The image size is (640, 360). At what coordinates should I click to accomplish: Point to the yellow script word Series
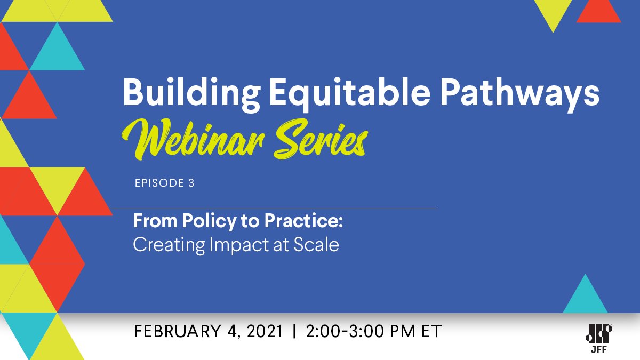[321, 138]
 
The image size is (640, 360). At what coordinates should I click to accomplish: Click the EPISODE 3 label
[164, 183]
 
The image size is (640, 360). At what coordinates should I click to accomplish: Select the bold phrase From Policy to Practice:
[237, 221]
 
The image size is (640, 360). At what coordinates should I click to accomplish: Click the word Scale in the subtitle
[317, 245]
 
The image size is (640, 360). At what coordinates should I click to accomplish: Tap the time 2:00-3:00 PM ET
[374, 331]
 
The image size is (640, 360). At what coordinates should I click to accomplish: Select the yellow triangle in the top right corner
[553, 11]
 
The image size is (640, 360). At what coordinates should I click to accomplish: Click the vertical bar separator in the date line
[294, 331]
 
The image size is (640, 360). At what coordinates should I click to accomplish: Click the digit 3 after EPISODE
[191, 183]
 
